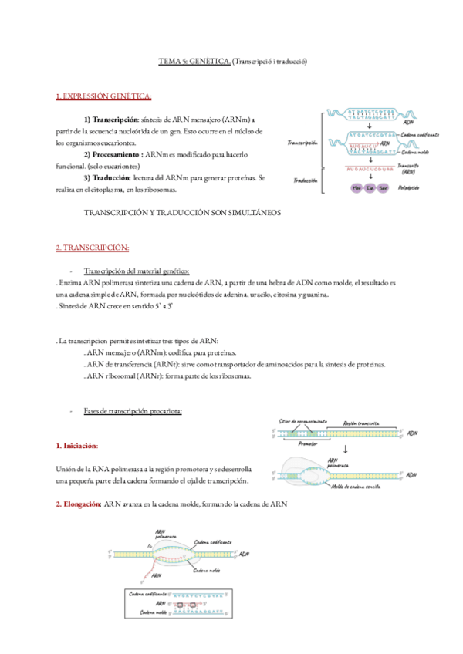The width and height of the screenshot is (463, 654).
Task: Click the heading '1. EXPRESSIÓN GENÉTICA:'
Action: pyautogui.click(x=104, y=96)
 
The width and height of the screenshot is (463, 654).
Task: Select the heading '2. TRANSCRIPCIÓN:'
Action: pyautogui.click(x=92, y=248)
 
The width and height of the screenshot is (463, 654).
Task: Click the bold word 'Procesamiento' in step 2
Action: pyautogui.click(x=117, y=153)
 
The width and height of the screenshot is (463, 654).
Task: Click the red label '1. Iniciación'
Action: pyautogui.click(x=77, y=447)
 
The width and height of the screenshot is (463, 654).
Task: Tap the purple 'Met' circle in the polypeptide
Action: pyautogui.click(x=357, y=187)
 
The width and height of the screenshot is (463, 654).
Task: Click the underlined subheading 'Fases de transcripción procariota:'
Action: pyautogui.click(x=132, y=411)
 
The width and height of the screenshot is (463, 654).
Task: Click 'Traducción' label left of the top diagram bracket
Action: pyautogui.click(x=302, y=180)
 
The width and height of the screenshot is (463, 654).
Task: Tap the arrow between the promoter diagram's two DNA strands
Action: pyautogui.click(x=346, y=450)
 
